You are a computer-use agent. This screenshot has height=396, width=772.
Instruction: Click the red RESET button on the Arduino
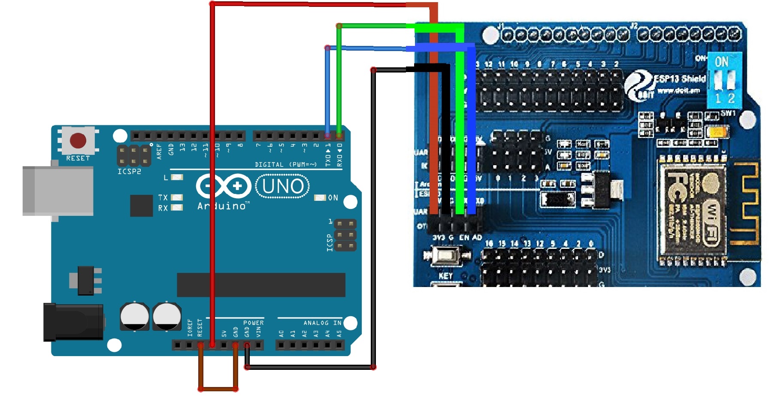click(78, 140)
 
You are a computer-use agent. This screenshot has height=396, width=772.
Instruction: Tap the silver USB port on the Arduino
click(58, 191)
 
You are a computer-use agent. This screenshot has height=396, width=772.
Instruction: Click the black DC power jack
click(73, 322)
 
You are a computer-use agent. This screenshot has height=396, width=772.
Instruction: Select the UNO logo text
click(282, 187)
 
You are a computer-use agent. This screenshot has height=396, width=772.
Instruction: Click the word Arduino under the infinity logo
click(222, 206)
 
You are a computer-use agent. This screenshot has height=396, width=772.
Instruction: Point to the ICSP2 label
click(129, 172)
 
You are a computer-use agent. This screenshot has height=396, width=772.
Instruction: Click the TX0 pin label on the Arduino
click(328, 155)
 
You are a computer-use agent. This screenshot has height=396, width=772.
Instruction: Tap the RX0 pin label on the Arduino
click(339, 155)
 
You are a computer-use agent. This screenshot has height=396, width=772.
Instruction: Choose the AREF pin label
click(159, 151)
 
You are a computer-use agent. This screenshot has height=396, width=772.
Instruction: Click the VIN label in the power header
click(258, 332)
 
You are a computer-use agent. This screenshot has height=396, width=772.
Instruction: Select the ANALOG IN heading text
click(322, 323)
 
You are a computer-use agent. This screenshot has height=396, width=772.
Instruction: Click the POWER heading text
click(253, 323)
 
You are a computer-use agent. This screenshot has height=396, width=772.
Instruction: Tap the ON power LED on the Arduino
click(320, 198)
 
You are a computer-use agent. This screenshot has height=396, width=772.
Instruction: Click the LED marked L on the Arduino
click(177, 177)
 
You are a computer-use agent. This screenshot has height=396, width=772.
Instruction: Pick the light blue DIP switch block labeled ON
click(724, 80)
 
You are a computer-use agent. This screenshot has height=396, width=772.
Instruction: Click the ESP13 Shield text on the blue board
click(680, 79)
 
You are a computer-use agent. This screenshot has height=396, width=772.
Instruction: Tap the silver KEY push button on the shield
click(446, 256)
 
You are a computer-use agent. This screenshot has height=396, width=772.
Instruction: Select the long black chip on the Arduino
click(261, 285)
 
